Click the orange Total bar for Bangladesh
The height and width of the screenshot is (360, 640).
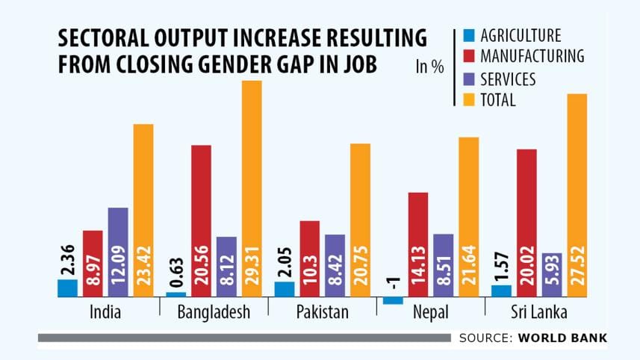tap(252, 187)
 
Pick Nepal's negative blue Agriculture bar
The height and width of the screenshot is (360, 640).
tap(394, 300)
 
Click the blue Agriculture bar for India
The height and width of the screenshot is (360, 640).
tap(68, 288)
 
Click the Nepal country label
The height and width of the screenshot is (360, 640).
tap(431, 312)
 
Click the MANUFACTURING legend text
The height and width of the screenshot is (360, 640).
tap(532, 56)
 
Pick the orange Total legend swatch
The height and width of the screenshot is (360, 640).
tap(468, 99)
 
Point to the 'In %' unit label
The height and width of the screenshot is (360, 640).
tap(429, 67)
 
